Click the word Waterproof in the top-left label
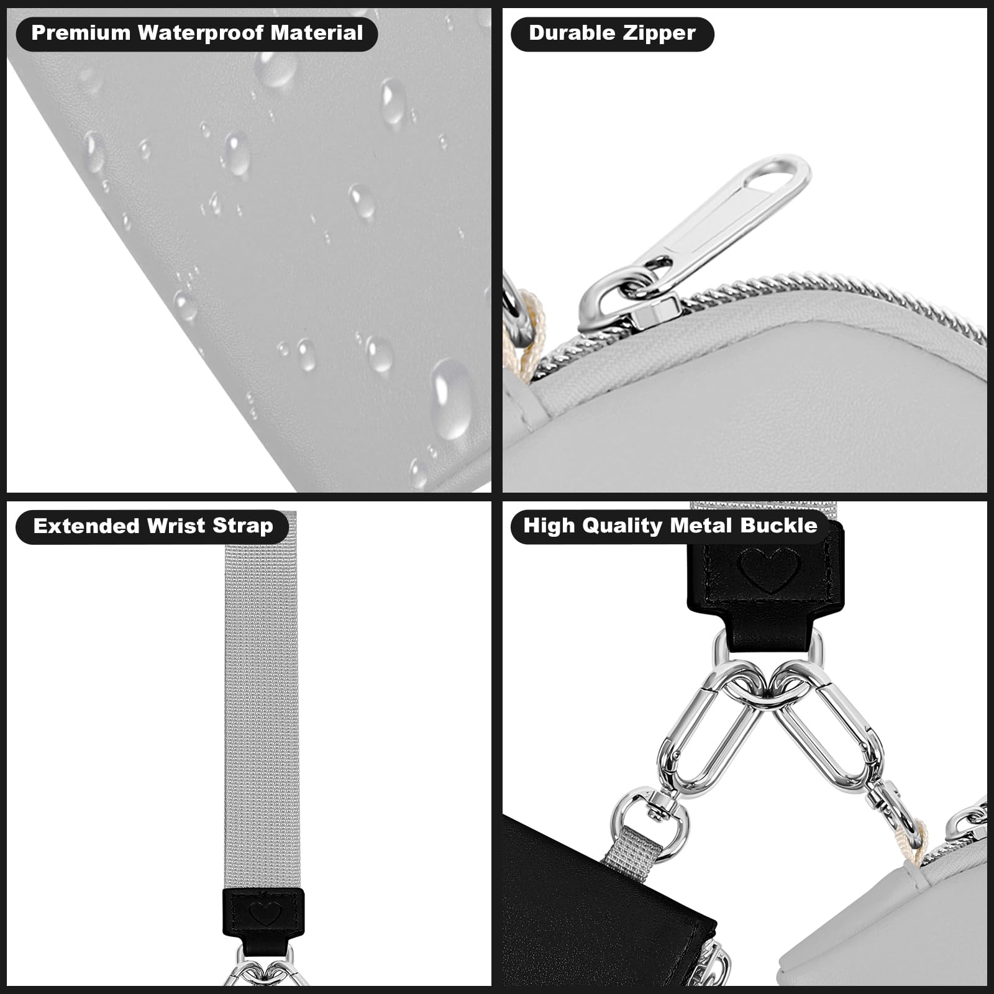click(201, 33)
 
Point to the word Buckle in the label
click(778, 526)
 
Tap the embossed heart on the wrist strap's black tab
click(265, 913)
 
